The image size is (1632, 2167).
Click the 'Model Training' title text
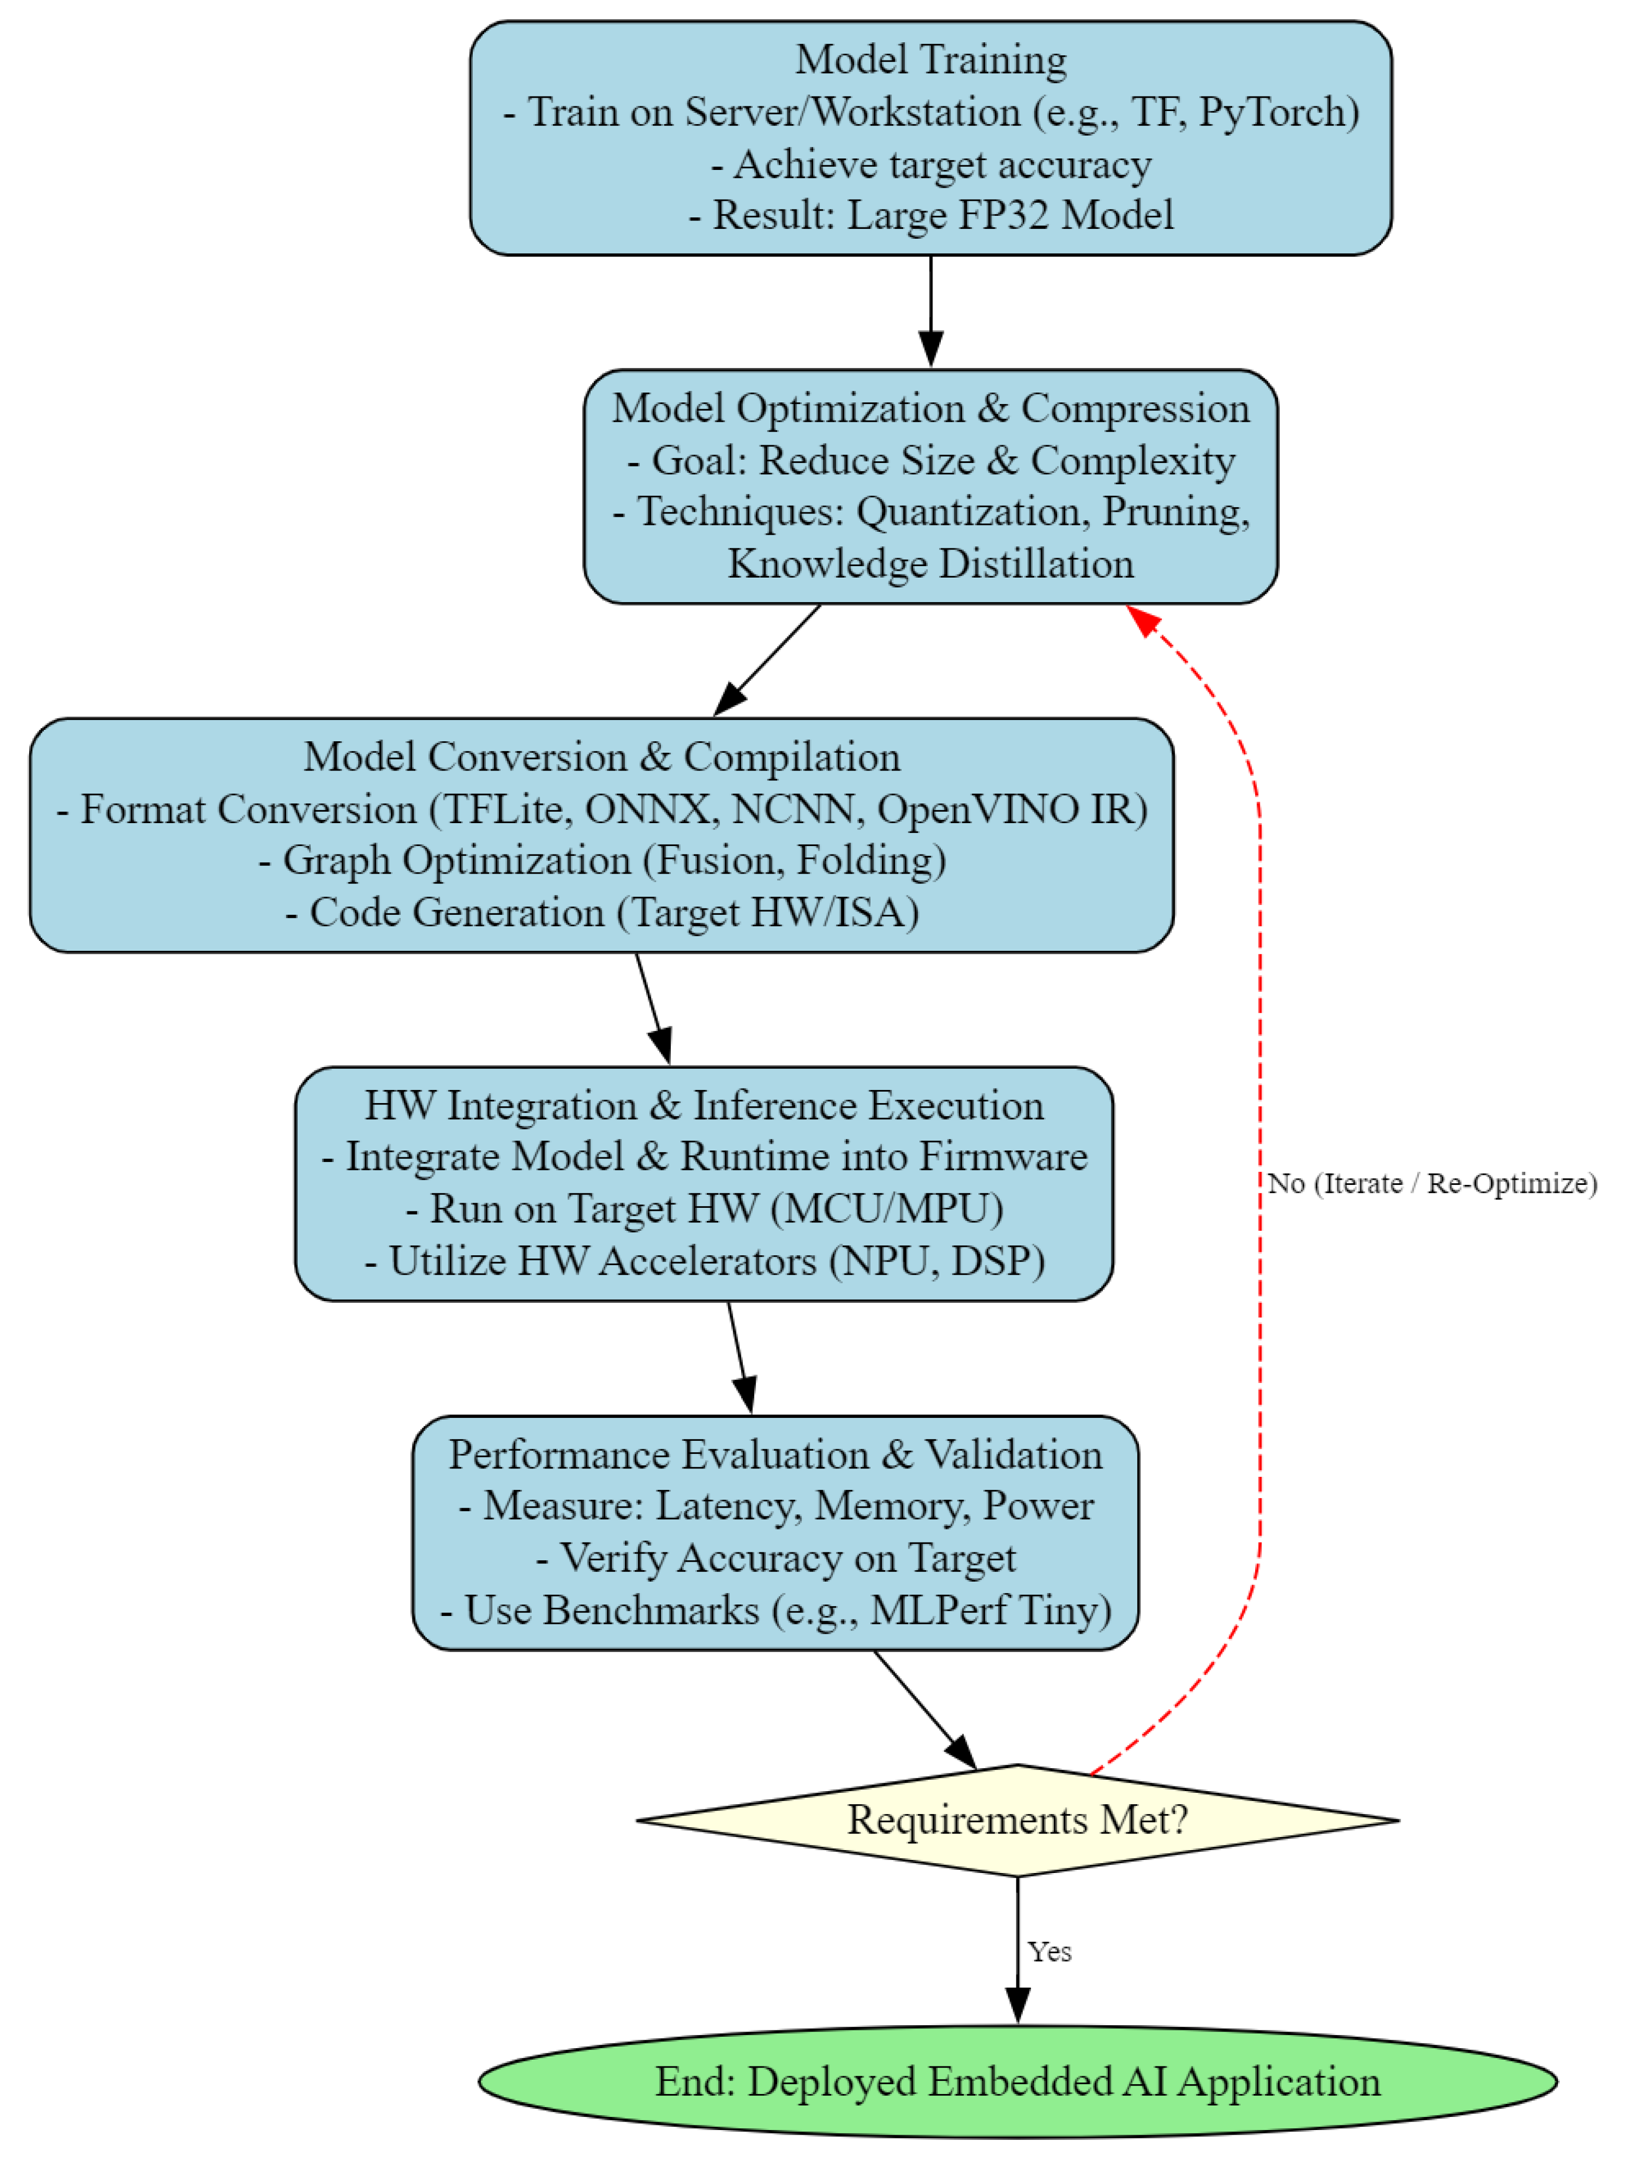pyautogui.click(x=930, y=60)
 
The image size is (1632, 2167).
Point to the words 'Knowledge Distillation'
pyautogui.click(x=930, y=564)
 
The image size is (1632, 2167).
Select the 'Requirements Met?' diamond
pyautogui.click(x=1017, y=1820)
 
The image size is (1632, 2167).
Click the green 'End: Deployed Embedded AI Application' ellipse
pyautogui.click(x=1017, y=2082)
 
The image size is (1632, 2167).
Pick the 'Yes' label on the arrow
pyautogui.click(x=1049, y=1952)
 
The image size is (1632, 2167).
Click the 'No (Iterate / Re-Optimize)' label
pyautogui.click(x=1431, y=1183)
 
